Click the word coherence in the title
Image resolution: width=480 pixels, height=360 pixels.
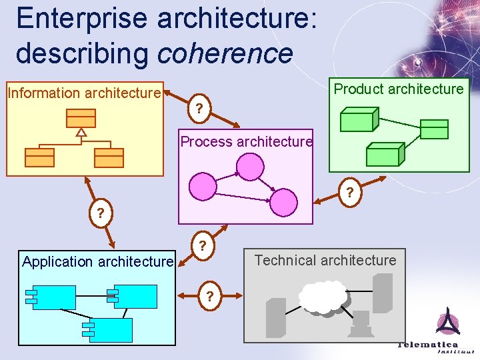pyautogui.click(x=225, y=53)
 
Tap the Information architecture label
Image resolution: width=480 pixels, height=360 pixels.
pyautogui.click(x=84, y=93)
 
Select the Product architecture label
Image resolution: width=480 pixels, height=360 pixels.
pyautogui.click(x=399, y=89)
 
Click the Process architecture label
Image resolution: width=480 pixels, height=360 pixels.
pyautogui.click(x=246, y=141)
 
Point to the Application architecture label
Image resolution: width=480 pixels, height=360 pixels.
pyautogui.click(x=97, y=261)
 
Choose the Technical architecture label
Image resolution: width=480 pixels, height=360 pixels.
pyautogui.click(x=325, y=260)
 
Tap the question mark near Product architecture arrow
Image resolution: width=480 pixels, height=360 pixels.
pyautogui.click(x=349, y=194)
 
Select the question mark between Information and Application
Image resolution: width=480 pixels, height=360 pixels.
pyautogui.click(x=100, y=214)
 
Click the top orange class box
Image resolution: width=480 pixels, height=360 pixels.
pyautogui.click(x=81, y=118)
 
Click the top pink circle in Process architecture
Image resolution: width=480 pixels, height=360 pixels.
pyautogui.click(x=251, y=166)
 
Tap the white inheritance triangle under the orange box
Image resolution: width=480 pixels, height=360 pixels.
pyautogui.click(x=81, y=132)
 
